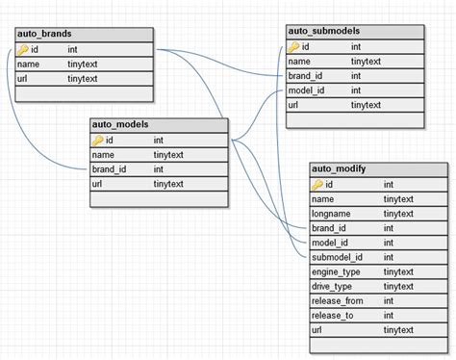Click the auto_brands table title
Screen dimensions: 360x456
pyautogui.click(x=43, y=34)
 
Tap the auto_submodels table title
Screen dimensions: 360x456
pyautogui.click(x=323, y=31)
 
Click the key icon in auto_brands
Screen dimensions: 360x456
pyautogui.click(x=23, y=48)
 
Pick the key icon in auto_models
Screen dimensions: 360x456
pyautogui.click(x=98, y=140)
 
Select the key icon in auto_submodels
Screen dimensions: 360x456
pyautogui.click(x=294, y=45)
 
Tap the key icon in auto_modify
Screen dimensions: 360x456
pyautogui.click(x=317, y=184)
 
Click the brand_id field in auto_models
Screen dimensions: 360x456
pyautogui.click(x=111, y=168)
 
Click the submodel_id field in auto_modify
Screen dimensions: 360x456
pyautogui.click(x=336, y=258)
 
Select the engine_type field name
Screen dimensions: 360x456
pyautogui.click(x=336, y=272)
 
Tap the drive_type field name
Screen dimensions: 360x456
pyautogui.click(x=332, y=287)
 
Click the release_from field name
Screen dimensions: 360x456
pyautogui.click(x=337, y=301)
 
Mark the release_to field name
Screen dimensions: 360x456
pyautogui.click(x=332, y=316)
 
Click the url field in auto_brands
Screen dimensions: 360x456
pyautogui.click(x=23, y=78)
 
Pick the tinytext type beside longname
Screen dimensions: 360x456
pyautogui.click(x=398, y=214)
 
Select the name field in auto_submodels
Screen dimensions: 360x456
pyautogui.click(x=300, y=61)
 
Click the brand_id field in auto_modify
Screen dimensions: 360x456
pyautogui.click(x=329, y=228)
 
